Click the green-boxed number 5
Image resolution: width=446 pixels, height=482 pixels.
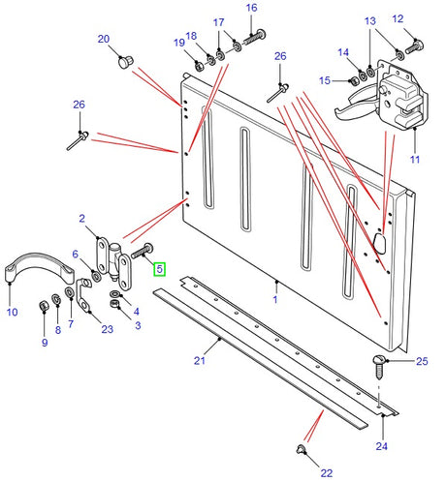pyautogui.click(x=159, y=271)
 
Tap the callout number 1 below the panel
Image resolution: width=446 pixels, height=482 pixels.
pyautogui.click(x=275, y=300)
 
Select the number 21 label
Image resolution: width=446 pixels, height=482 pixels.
pyautogui.click(x=200, y=361)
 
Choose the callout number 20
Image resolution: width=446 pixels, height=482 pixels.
pyautogui.click(x=104, y=38)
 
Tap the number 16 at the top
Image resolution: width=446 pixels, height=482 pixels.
pyautogui.click(x=251, y=8)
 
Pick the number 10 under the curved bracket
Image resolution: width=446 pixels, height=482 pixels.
pyautogui.click(x=12, y=312)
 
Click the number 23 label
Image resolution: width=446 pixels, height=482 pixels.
pyautogui.click(x=107, y=329)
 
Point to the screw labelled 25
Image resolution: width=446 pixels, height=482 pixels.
pyautogui.click(x=379, y=363)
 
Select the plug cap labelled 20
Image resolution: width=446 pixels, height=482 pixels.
pyautogui.click(x=124, y=62)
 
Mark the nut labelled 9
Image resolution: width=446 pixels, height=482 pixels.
pyautogui.click(x=43, y=308)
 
